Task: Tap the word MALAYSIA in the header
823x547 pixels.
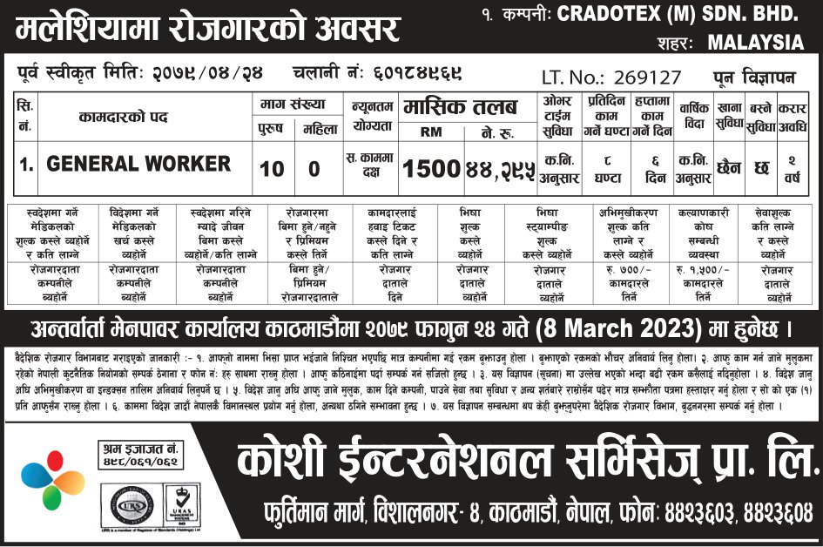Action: (x=755, y=42)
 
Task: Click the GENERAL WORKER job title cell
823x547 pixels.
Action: (x=138, y=164)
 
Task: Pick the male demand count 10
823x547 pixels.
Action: (x=272, y=167)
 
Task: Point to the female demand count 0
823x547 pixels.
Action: (x=320, y=167)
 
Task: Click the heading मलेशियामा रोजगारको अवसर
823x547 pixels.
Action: (x=207, y=30)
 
